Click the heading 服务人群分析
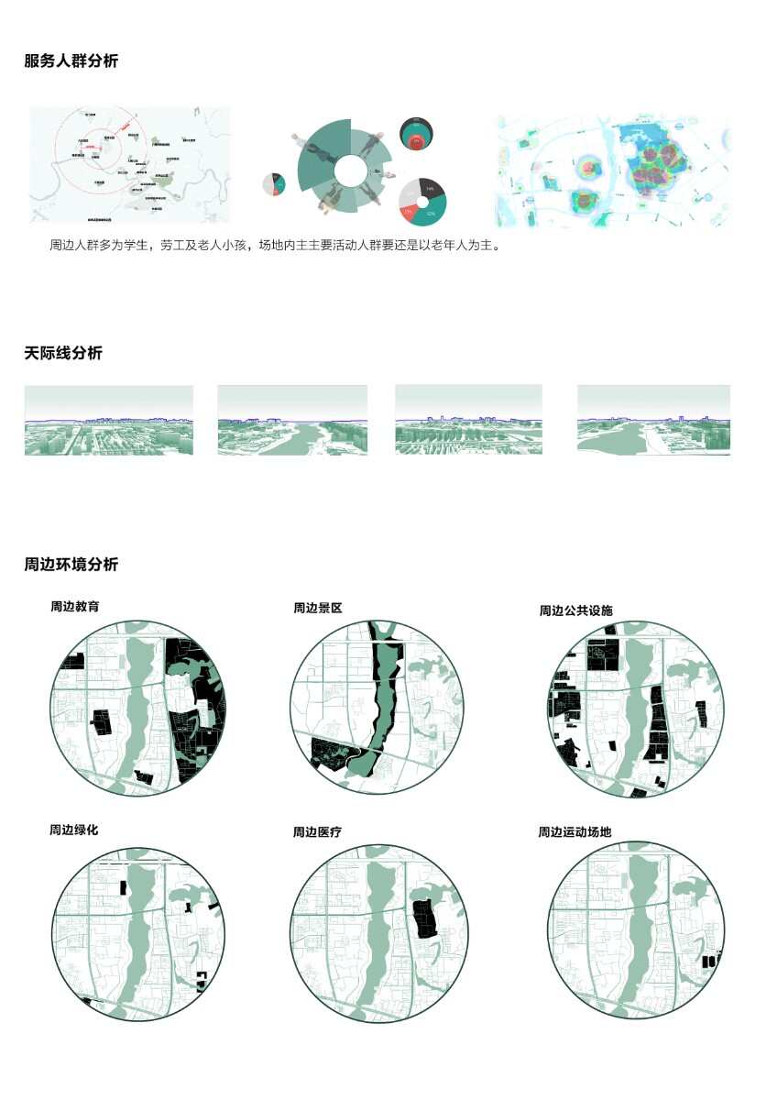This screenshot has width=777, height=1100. click(71, 61)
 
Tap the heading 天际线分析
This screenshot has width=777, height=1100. click(63, 353)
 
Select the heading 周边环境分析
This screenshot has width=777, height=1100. click(71, 565)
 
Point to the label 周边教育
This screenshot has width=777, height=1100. click(75, 607)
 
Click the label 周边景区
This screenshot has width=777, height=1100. click(317, 608)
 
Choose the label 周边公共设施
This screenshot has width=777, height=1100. click(575, 610)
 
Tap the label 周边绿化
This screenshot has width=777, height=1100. click(74, 830)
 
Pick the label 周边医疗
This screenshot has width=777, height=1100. click(317, 832)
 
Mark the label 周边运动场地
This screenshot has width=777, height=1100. click(575, 832)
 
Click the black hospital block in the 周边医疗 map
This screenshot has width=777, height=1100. click(422, 918)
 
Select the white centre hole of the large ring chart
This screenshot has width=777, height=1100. click(349, 170)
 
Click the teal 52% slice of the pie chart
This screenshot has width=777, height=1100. click(431, 214)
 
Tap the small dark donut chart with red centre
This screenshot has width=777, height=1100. click(417, 136)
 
